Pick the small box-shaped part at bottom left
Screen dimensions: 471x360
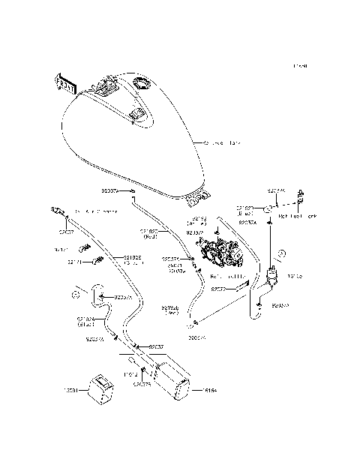tap(98, 387)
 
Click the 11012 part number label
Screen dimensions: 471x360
tap(132, 373)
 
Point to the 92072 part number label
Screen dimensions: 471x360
tap(218, 289)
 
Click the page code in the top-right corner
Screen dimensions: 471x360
tap(300, 66)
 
